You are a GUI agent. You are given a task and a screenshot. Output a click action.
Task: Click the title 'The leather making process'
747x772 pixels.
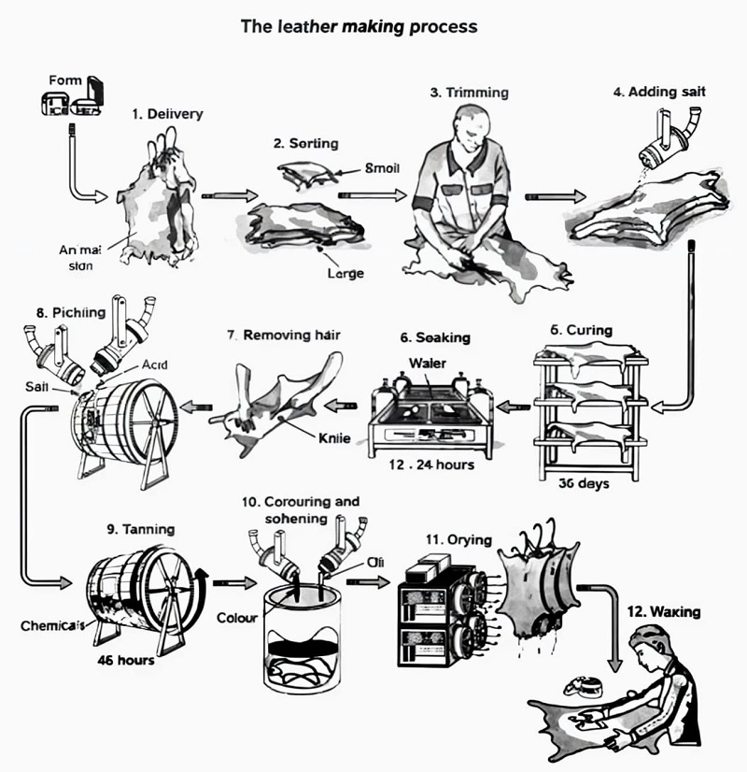coord(359,26)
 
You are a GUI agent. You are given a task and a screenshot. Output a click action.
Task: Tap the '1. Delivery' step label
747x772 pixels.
coord(167,114)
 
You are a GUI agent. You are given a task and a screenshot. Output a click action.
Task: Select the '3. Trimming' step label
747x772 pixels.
coord(469,93)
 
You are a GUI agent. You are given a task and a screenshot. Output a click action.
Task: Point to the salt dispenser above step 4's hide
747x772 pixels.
coord(669,136)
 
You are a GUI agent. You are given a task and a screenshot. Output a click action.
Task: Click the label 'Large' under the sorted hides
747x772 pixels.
coord(345,274)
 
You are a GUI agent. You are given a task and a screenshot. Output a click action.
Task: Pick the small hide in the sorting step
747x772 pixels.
coord(309,171)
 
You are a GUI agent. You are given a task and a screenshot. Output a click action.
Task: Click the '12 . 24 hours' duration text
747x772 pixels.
coord(432,464)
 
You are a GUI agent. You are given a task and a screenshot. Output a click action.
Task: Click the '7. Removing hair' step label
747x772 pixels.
coord(295,334)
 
